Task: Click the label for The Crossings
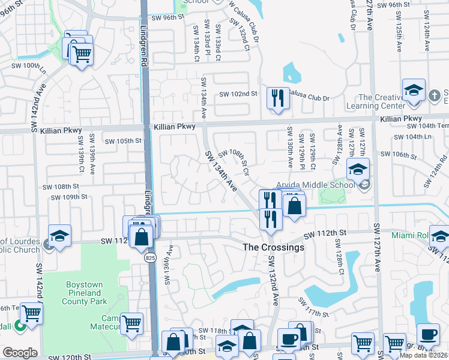(273, 247)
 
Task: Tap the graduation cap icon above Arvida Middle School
(358, 169)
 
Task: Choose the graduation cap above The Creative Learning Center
(414, 90)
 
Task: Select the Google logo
(20, 353)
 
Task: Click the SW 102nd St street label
(238, 94)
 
